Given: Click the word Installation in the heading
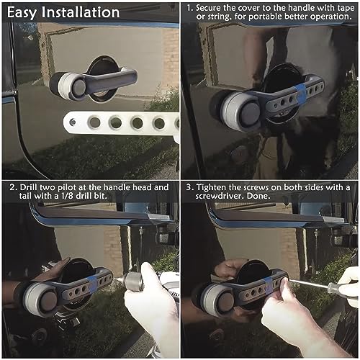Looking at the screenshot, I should [81, 12].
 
